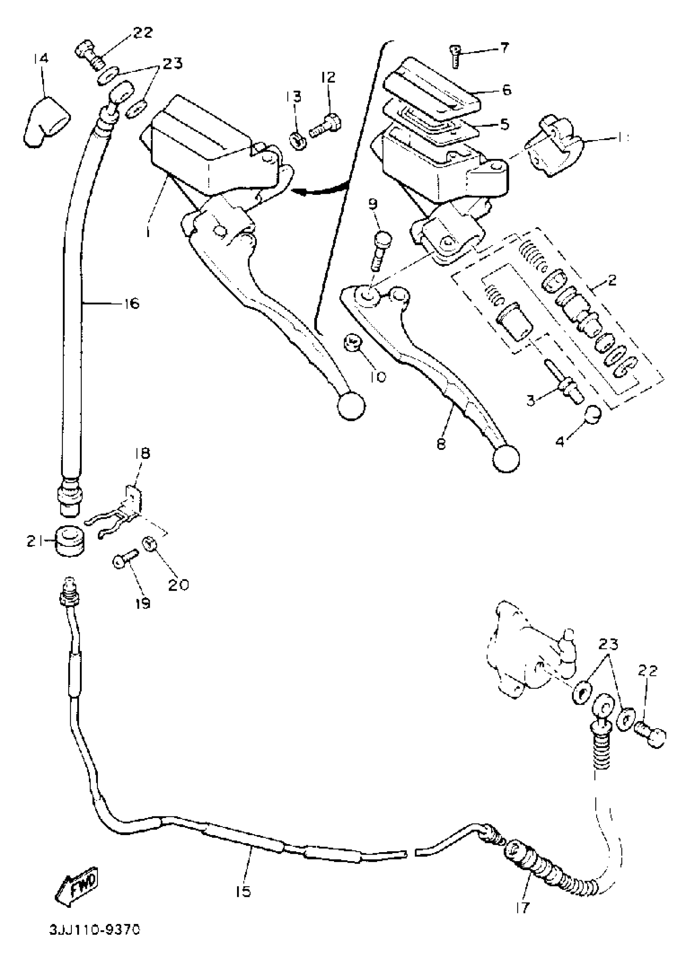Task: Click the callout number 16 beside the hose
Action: [132, 303]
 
